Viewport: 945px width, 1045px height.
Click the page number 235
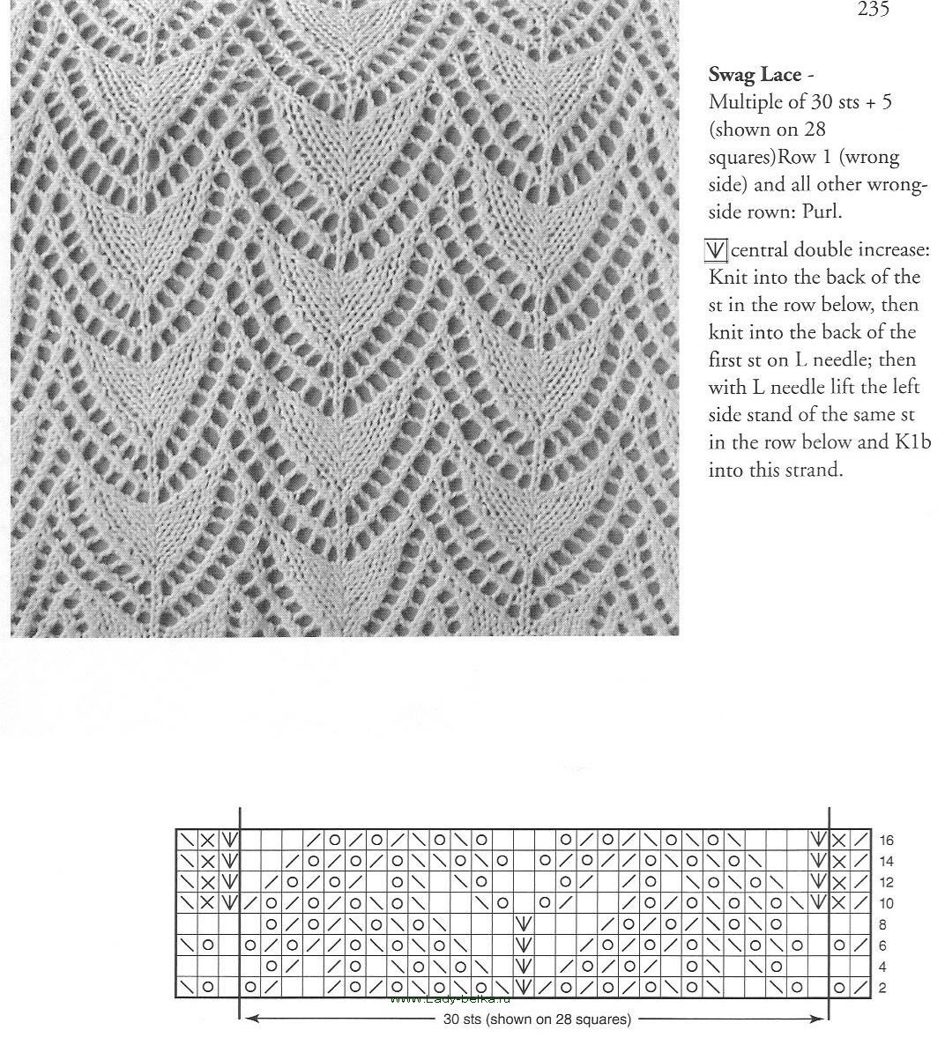873,11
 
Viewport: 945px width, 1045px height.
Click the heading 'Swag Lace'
755,75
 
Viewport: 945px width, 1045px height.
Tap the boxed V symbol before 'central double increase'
716,251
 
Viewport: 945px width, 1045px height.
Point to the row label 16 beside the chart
886,841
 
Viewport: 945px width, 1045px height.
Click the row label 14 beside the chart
886,862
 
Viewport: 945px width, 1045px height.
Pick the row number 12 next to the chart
886,883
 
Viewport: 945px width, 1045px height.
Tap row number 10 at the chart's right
886,904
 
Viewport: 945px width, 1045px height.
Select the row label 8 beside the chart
882,925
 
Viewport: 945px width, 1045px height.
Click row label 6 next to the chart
882,946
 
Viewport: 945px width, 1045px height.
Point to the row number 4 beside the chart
882,967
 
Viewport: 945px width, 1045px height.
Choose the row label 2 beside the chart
882,989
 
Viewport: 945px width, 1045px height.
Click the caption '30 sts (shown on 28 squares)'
536,1020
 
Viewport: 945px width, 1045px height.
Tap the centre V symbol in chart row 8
525,924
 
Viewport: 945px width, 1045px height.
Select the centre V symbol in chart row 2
525,988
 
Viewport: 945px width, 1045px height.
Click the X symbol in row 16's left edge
208,840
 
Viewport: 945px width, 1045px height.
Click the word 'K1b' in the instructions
912,442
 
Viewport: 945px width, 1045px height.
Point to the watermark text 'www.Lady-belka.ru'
450,999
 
